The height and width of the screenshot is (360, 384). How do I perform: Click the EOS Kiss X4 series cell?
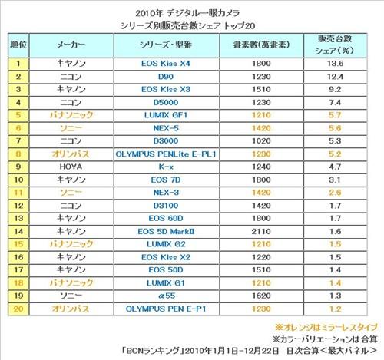(x=166, y=64)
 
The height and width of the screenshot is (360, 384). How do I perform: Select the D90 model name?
(x=166, y=77)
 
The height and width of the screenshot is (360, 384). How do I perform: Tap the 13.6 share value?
(x=335, y=64)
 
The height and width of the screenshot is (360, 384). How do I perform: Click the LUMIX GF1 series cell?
(x=166, y=115)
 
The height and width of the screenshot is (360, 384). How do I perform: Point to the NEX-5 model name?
(x=166, y=128)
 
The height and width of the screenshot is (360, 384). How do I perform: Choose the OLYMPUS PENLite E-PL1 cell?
(x=166, y=154)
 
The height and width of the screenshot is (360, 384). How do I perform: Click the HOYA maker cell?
(x=71, y=167)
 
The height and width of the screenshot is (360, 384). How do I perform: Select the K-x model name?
(x=166, y=167)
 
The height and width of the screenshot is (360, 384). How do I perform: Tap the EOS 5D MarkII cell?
(x=166, y=231)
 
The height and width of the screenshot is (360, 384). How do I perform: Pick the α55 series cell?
(x=167, y=296)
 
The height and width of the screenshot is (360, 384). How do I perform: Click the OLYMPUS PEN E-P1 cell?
(x=166, y=309)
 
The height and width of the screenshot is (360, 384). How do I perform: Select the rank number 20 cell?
(x=18, y=309)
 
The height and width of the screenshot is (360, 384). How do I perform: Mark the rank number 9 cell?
(x=18, y=167)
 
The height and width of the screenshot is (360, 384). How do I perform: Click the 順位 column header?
(x=18, y=45)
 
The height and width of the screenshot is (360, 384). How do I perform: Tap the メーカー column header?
(x=71, y=45)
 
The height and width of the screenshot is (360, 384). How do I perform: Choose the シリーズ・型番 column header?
(x=166, y=45)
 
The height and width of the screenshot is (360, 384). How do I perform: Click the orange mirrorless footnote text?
(x=326, y=327)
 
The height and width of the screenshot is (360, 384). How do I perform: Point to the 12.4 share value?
(x=335, y=77)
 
